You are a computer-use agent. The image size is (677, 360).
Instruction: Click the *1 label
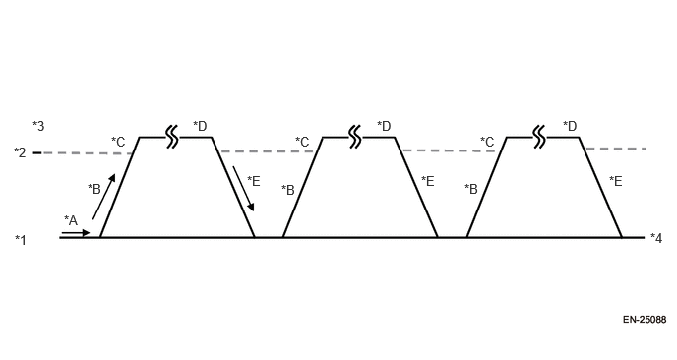point(21,239)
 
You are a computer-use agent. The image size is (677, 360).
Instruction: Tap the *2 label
point(20,152)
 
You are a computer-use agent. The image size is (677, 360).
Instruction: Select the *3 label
point(38,125)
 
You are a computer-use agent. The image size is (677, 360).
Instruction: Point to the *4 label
point(656,238)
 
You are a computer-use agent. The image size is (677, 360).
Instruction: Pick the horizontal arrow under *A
point(75,233)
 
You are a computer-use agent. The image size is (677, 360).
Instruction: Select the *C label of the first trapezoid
point(118,142)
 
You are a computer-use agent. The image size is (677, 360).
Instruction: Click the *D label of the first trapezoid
point(200,125)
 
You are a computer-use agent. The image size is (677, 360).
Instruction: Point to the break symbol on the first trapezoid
point(172,137)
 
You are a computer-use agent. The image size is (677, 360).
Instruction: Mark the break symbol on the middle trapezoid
point(355,137)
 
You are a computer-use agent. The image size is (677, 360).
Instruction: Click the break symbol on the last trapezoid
point(538,137)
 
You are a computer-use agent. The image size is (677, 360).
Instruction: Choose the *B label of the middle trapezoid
point(288,189)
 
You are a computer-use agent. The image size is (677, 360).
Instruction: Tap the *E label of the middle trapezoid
point(428,181)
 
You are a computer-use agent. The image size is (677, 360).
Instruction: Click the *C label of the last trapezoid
point(487,142)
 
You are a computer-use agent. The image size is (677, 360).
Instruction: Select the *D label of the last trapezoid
point(570,125)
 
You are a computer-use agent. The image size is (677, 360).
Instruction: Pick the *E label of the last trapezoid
point(615,181)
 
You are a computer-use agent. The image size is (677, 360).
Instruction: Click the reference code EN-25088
point(644,320)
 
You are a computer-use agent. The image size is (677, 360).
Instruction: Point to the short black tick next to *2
point(37,152)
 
